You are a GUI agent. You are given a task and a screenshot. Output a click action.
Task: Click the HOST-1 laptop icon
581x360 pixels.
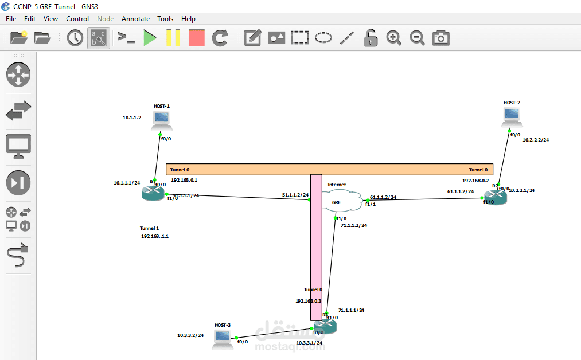pos(161,120)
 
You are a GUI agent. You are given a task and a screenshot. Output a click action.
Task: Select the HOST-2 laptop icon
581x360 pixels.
pos(512,116)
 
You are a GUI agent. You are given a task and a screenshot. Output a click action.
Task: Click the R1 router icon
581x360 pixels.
pos(153,193)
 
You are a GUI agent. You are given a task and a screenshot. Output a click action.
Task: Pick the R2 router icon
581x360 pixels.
pos(496,197)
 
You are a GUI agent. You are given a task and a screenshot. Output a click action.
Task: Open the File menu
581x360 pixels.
pos(11,19)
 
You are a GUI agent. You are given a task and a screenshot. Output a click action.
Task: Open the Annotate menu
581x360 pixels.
pos(135,19)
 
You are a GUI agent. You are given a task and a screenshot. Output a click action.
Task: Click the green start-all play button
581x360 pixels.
pos(150,38)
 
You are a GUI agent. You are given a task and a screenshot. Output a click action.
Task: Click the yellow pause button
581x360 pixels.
pos(173,38)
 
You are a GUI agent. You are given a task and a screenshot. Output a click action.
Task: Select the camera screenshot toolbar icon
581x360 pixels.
pos(440,38)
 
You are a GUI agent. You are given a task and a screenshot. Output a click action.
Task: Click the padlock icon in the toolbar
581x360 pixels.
pos(372,38)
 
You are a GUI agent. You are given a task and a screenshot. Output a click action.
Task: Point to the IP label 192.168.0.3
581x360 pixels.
pos(308,301)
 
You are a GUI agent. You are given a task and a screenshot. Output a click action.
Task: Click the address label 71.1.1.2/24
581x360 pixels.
pos(353,225)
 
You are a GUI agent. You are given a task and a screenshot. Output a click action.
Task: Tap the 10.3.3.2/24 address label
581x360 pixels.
pos(190,335)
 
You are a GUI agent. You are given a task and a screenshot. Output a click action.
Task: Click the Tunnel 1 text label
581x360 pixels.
pos(149,228)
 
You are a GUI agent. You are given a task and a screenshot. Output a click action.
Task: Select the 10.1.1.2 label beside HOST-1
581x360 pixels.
pos(132,118)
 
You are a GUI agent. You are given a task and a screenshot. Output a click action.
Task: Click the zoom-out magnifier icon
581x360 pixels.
pos(417,38)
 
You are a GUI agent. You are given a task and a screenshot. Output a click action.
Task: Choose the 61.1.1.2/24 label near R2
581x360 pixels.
pos(460,191)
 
